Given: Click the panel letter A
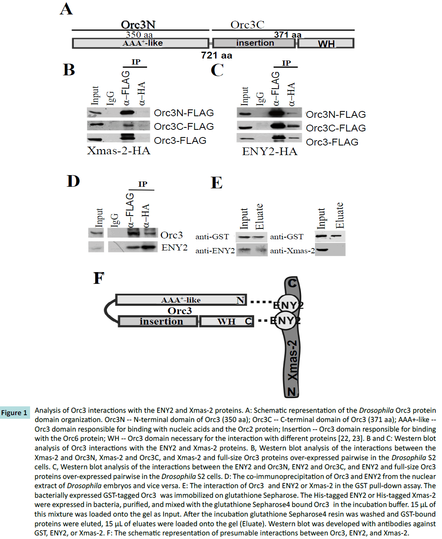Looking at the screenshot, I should coord(67,9).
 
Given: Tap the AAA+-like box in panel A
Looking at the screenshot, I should coord(141,43).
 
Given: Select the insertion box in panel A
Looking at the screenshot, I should coord(254,43).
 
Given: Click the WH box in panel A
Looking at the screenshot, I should coord(326,43).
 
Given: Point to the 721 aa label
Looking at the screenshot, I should coord(216,55).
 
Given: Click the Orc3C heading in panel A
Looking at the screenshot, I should coord(247,25).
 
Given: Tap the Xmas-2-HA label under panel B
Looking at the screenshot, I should coord(119,151).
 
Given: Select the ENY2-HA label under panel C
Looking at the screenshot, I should coord(270,151).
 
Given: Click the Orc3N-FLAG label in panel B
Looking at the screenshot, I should coord(184,113).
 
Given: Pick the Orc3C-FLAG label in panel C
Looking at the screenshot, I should coord(336,128).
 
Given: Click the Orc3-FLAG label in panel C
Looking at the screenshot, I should coord(332,142).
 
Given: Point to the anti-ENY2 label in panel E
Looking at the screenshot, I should coord(215,251).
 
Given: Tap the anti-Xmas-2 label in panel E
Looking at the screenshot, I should coord(292,251).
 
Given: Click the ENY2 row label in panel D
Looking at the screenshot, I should coord(174,248).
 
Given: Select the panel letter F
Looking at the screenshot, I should coord(99,278).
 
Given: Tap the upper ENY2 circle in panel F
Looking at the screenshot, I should coord(287,305).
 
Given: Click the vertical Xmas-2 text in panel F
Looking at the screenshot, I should coord(293,360).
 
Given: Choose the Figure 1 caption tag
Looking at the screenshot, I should coord(14,413).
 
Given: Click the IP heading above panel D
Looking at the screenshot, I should coord(143,184).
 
